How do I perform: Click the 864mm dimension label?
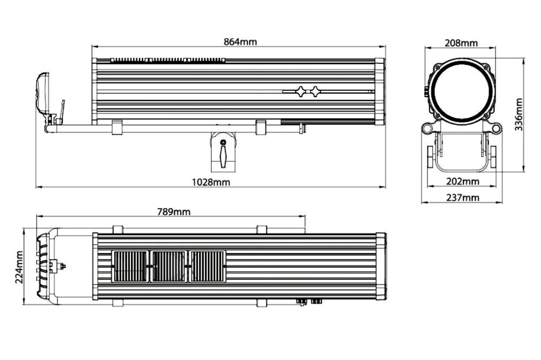(240, 42)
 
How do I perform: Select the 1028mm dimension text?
(211, 182)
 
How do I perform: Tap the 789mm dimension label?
(174, 211)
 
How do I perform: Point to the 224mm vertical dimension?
(19, 267)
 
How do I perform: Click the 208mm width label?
(461, 43)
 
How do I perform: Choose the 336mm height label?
(519, 115)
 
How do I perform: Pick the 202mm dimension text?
(463, 181)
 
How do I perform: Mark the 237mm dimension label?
(463, 198)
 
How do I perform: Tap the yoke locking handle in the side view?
(223, 154)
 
